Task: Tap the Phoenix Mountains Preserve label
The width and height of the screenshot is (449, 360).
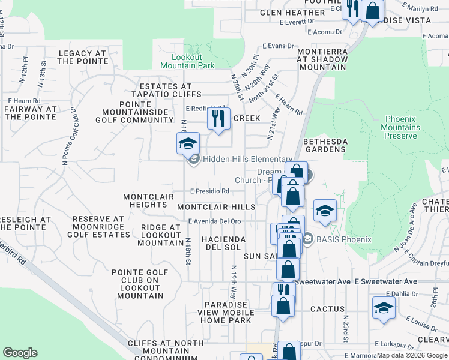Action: coord(402,127)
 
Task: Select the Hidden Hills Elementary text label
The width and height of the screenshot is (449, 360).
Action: coord(247,159)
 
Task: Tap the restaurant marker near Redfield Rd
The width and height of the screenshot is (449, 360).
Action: coord(218,118)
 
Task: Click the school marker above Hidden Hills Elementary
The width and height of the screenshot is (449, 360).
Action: coord(188,145)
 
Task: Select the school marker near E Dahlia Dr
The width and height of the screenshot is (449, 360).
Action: coord(384,308)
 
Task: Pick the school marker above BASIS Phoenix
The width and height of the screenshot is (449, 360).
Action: coord(325,211)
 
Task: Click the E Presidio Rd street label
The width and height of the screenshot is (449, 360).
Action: coord(209,192)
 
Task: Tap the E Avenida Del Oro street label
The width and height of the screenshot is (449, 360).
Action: coord(214,221)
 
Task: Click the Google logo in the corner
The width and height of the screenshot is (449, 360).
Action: coord(20,353)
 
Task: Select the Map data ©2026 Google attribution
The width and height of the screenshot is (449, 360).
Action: coord(412,356)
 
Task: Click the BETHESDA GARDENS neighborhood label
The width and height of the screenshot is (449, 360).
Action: coord(325,145)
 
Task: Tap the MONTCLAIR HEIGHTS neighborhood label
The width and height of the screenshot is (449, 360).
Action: coord(148,200)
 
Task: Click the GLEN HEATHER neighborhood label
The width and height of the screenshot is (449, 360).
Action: coord(292,13)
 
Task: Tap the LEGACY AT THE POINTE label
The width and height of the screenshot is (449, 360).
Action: coord(82,57)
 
